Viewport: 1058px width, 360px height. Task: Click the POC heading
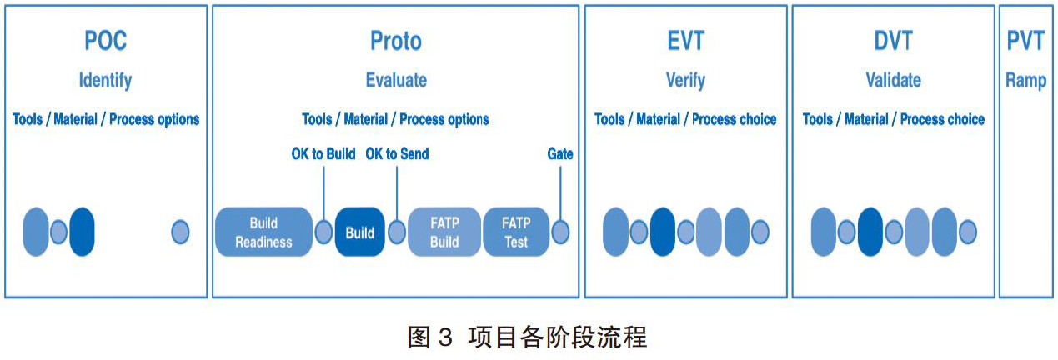[105, 41]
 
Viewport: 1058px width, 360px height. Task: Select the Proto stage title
[396, 41]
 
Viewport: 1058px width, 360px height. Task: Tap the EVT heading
[686, 41]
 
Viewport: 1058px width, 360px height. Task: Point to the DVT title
[893, 41]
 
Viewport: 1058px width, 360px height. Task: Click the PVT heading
[1025, 41]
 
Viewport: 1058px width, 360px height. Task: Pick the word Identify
[105, 81]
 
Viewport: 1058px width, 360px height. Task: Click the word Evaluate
[396, 80]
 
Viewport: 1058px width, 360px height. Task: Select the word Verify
[686, 81]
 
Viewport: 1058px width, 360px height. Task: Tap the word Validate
[893, 80]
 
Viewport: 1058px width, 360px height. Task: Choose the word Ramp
[1025, 81]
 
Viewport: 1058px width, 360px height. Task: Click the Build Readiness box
[263, 232]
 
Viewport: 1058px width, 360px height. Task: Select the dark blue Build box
[360, 232]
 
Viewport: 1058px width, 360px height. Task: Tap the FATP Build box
[444, 232]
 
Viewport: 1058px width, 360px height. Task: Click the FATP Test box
[516, 232]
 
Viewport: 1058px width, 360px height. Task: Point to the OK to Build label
[323, 154]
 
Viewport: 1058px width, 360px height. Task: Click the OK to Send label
[397, 154]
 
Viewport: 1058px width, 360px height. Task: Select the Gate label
[560, 154]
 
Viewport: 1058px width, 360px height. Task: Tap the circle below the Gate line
[560, 232]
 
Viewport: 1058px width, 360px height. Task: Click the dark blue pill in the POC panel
[82, 232]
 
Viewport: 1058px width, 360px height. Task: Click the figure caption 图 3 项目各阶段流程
[527, 337]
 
